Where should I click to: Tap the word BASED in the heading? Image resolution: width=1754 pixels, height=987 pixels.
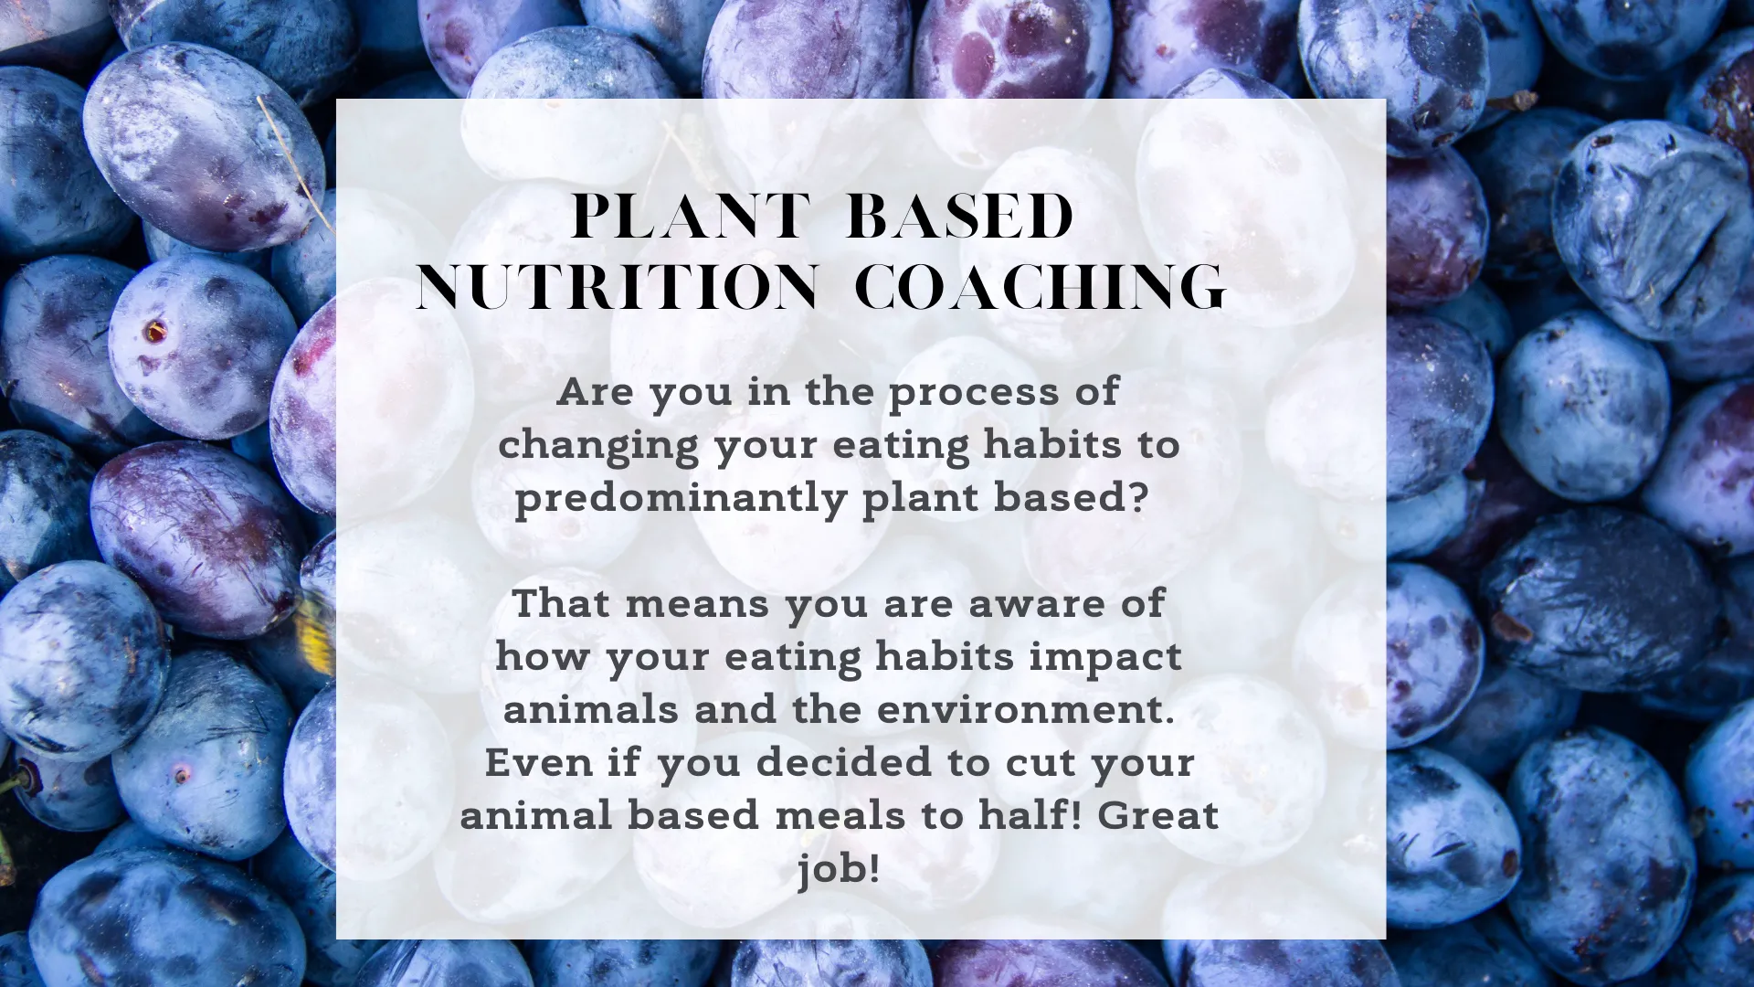click(959, 217)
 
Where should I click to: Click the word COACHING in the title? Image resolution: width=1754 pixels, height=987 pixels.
click(1040, 287)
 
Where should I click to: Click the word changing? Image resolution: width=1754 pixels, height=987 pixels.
click(598, 447)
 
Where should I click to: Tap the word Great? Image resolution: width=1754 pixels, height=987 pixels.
click(1158, 815)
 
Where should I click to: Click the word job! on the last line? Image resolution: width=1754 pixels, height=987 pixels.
click(839, 869)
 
